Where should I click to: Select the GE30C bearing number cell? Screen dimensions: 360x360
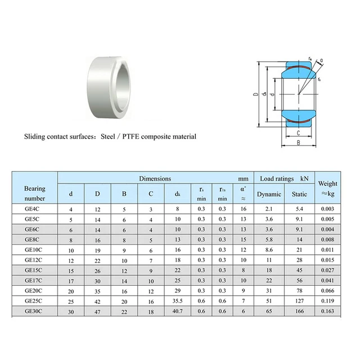point(33,310)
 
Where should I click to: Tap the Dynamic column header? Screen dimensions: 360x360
point(269,194)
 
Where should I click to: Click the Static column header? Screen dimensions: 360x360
point(300,194)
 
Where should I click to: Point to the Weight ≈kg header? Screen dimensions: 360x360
point(328,188)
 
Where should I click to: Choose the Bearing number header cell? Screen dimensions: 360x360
point(35,193)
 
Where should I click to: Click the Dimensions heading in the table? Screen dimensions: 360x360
point(155,178)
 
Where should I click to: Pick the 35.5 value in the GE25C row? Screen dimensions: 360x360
point(177,300)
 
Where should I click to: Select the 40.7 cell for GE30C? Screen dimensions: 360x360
point(177,310)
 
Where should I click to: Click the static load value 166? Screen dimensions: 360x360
point(300,310)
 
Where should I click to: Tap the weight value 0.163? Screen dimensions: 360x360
point(328,310)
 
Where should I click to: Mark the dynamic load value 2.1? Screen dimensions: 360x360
point(269,209)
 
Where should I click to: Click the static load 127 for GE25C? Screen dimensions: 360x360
point(300,300)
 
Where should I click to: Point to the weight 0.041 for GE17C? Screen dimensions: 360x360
point(328,280)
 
